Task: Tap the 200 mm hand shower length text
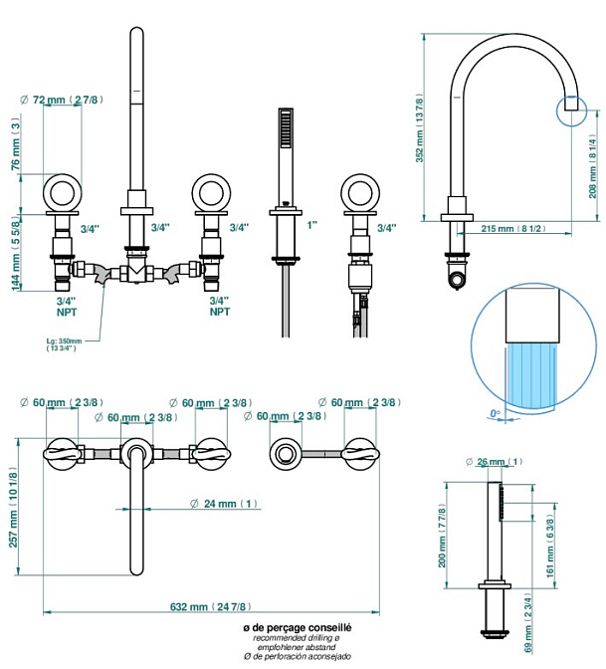443,549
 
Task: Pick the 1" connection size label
311,227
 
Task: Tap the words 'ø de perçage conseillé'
298,628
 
